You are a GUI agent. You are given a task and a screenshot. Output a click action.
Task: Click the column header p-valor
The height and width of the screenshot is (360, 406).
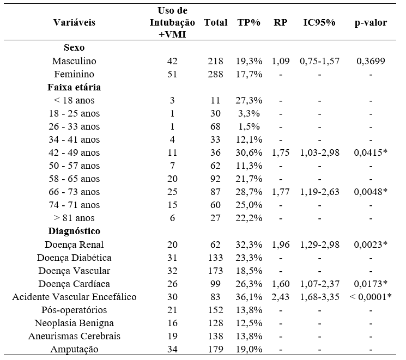371,23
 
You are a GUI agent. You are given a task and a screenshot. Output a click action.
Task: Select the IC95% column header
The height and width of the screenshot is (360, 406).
319,22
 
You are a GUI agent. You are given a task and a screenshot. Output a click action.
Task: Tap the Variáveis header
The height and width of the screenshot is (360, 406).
74,22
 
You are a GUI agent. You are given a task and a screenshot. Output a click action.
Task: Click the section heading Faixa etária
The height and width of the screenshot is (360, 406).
74,87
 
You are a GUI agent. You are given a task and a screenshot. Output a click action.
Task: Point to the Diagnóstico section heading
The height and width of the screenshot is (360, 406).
74,231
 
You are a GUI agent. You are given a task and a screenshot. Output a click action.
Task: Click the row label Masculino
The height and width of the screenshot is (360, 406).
74,61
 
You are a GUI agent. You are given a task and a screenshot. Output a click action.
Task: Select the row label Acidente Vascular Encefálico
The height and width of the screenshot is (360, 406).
74,297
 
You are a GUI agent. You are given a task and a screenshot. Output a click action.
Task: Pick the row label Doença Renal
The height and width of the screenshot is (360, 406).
74,245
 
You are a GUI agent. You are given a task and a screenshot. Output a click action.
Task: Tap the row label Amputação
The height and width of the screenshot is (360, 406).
74,350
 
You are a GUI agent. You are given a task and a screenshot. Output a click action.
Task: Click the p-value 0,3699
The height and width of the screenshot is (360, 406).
371,61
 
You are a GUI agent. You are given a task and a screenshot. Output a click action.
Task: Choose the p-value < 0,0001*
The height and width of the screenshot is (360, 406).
371,297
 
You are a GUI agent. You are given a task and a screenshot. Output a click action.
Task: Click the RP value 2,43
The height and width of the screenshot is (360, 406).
281,297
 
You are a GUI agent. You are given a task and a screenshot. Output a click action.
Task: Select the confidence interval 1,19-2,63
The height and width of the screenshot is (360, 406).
319,192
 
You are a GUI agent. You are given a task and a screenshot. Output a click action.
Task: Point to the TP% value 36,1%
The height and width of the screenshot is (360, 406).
249,297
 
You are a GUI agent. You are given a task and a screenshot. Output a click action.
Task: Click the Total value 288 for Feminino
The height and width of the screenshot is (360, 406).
215,74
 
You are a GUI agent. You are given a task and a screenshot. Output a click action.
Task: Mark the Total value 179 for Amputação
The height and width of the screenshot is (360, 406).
215,350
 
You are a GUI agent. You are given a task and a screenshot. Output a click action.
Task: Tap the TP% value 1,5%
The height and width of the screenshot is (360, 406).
249,126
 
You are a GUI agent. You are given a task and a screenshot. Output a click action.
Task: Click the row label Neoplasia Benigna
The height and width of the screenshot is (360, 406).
74,324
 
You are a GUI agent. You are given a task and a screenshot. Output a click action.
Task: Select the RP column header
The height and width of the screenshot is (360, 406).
281,22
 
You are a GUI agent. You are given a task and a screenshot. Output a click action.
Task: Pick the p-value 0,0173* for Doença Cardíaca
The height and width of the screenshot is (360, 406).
371,284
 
